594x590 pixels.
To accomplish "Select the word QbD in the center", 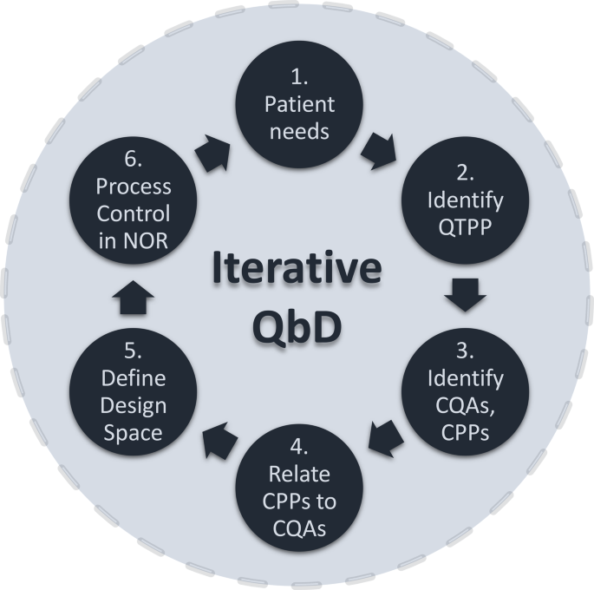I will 297,327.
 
